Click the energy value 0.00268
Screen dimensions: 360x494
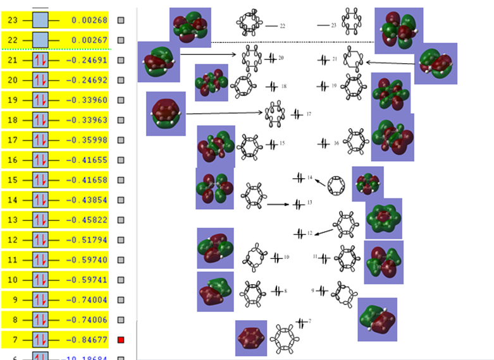89,20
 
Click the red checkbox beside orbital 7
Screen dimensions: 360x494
121,340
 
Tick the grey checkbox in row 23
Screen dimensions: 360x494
121,20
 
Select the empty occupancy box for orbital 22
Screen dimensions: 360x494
40,40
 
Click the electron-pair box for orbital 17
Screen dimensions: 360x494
40,140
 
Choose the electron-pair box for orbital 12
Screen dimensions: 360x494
40,240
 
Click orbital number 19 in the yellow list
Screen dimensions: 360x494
13,100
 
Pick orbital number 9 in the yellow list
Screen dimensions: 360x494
13,300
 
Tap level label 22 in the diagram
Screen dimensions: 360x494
282,26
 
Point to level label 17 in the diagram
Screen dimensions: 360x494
309,114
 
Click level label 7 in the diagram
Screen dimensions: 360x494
310,322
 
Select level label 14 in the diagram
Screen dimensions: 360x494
310,179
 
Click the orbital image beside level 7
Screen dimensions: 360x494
251,338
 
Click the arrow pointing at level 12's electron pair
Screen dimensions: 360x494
324,232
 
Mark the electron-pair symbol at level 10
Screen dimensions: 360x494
276,257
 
